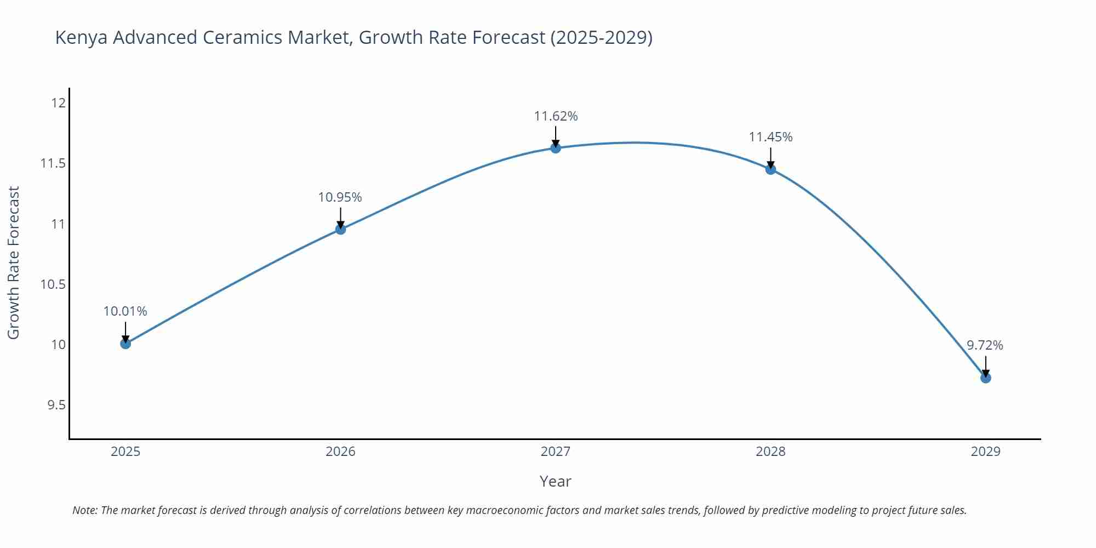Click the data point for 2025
(125, 344)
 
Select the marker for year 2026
(340, 229)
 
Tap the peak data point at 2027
(556, 148)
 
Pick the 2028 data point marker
(770, 169)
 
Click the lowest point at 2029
(985, 378)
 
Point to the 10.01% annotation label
(125, 311)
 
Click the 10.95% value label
(340, 197)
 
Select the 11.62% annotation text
(556, 116)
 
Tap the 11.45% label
(770, 137)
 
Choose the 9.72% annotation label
(985, 345)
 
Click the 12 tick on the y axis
(59, 103)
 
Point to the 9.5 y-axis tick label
(56, 405)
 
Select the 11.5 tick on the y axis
(53, 163)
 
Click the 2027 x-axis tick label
(556, 452)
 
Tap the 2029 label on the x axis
(985, 452)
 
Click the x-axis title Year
(555, 481)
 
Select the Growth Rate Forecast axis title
(14, 262)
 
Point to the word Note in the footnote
(84, 510)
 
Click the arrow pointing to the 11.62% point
(556, 136)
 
